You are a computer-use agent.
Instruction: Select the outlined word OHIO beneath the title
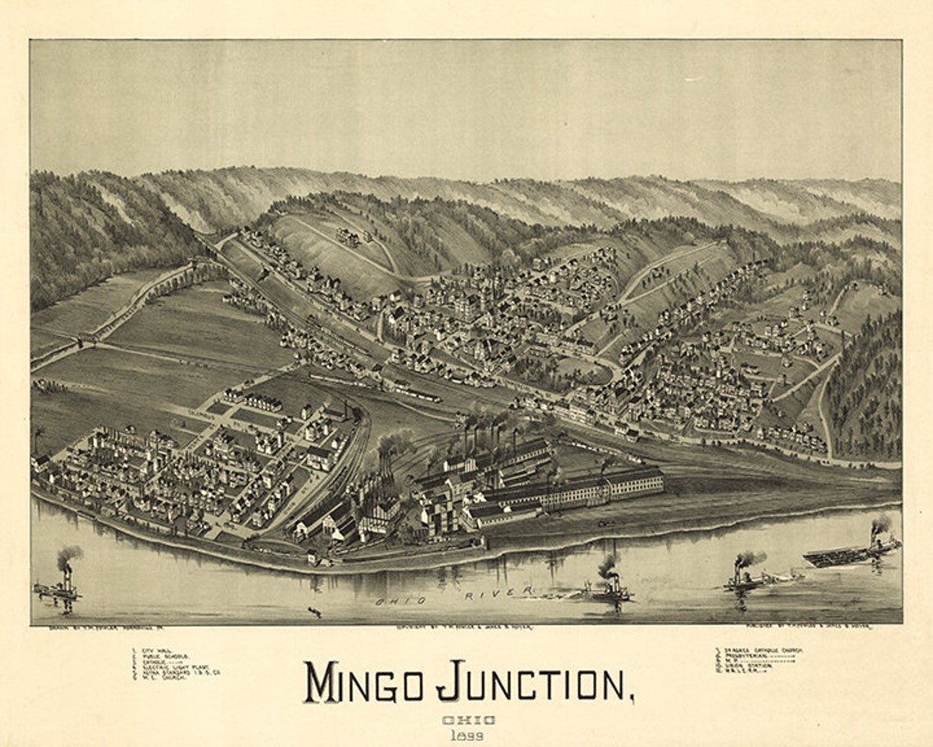(x=469, y=720)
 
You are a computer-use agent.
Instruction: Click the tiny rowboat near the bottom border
(x=314, y=611)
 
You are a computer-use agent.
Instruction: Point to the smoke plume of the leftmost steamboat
(x=69, y=555)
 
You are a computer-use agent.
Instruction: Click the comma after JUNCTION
(x=630, y=698)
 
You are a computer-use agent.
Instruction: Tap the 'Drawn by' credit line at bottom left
(x=90, y=627)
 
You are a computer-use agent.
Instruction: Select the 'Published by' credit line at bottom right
(x=802, y=627)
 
